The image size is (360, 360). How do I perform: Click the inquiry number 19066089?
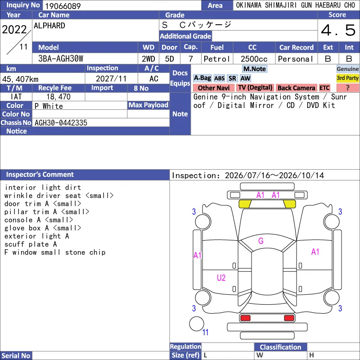[x=63, y=6]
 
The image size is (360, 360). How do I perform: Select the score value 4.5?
[x=338, y=30]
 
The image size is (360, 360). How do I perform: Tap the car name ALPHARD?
[x=49, y=26]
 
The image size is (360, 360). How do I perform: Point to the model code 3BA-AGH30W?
[x=61, y=59]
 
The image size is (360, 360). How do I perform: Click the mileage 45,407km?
[x=20, y=79]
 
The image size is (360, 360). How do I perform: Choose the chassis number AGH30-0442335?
[x=61, y=123]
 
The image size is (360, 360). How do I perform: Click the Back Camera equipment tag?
[x=296, y=88]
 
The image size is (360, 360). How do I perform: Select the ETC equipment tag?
[x=324, y=88]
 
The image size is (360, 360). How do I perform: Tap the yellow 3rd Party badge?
[x=347, y=78]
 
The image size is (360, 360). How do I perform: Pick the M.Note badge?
[x=254, y=69]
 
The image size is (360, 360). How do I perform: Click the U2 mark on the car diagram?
[x=221, y=278]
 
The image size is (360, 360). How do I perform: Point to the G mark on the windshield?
[x=261, y=241]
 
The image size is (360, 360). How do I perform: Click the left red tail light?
[x=245, y=318]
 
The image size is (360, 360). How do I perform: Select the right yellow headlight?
[x=289, y=204]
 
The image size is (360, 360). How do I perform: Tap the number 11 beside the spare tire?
[x=205, y=332]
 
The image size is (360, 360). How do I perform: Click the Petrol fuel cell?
[x=217, y=59]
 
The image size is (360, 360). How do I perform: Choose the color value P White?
[x=49, y=106]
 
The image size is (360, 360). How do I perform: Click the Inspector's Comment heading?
[x=40, y=175]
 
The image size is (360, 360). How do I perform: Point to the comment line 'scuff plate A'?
[x=31, y=244]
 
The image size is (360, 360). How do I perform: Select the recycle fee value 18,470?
[x=58, y=97]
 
